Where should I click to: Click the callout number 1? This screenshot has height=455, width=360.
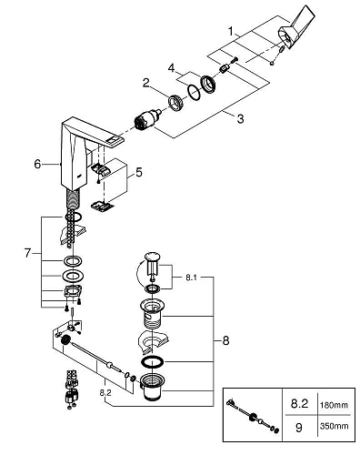pos(231,31)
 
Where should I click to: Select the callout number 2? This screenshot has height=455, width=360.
pos(146,82)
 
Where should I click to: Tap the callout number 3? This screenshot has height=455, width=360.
pos(240,118)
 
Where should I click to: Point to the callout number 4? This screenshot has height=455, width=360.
pos(172,68)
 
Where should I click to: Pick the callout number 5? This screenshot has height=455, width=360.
pos(139,173)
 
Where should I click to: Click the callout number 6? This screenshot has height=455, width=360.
pos(37,164)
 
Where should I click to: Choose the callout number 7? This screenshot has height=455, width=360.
pos(27,253)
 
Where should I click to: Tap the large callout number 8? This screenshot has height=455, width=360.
pos(225,340)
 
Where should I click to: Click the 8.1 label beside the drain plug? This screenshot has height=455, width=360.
pos(191,278)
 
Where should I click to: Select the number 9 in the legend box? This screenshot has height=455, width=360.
pos(299,428)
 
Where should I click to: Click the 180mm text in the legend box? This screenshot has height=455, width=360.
pos(334,405)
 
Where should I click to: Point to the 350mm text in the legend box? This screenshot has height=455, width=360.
pos(334,426)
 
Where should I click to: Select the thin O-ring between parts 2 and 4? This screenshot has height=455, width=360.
pos(194,92)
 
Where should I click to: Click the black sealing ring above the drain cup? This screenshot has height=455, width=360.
pos(152,361)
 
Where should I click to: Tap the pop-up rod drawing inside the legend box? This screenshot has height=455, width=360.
pos(253,415)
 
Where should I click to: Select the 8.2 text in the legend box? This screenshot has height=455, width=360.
pos(299,403)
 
